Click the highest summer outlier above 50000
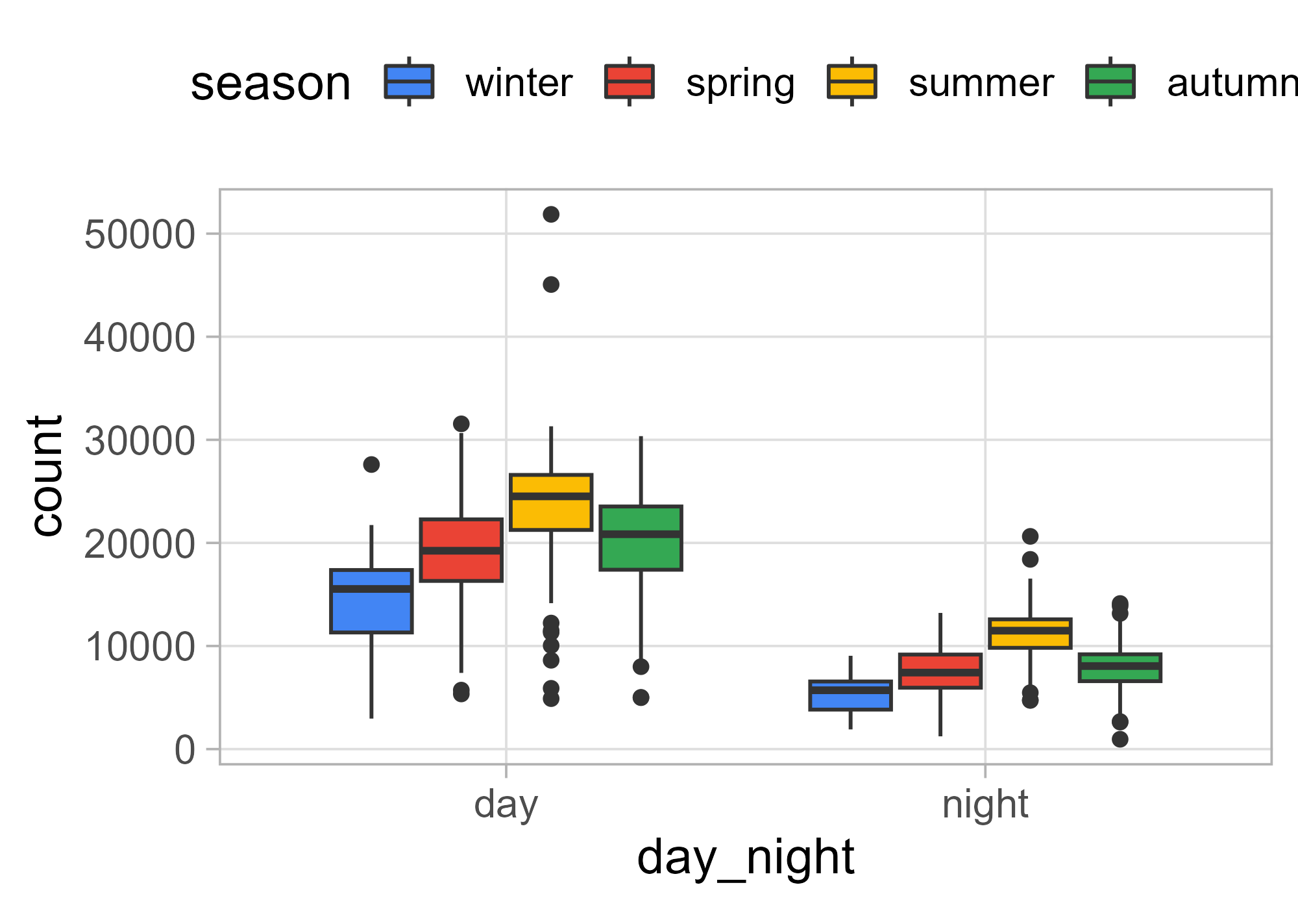click(x=551, y=214)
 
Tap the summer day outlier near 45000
click(x=551, y=284)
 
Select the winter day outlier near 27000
click(x=371, y=464)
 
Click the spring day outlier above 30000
click(x=461, y=424)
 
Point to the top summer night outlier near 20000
click(x=1030, y=536)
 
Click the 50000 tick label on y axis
click(x=140, y=234)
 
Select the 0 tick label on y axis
click(x=184, y=750)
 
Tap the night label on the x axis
click(x=985, y=804)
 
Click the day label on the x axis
click(x=506, y=804)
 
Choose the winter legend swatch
click(x=409, y=82)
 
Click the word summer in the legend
click(x=981, y=83)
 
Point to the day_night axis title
click(x=746, y=858)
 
